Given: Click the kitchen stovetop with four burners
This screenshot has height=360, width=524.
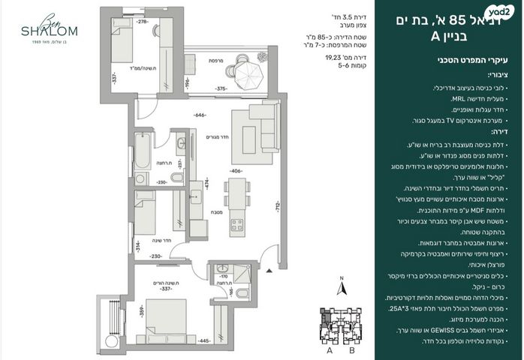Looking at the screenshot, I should coord(237,223).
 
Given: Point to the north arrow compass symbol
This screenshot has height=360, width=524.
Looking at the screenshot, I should coord(339,287).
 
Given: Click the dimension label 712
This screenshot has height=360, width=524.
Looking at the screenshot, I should coord(277,206).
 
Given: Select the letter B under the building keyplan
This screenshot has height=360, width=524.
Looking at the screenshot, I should coord(351,349).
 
